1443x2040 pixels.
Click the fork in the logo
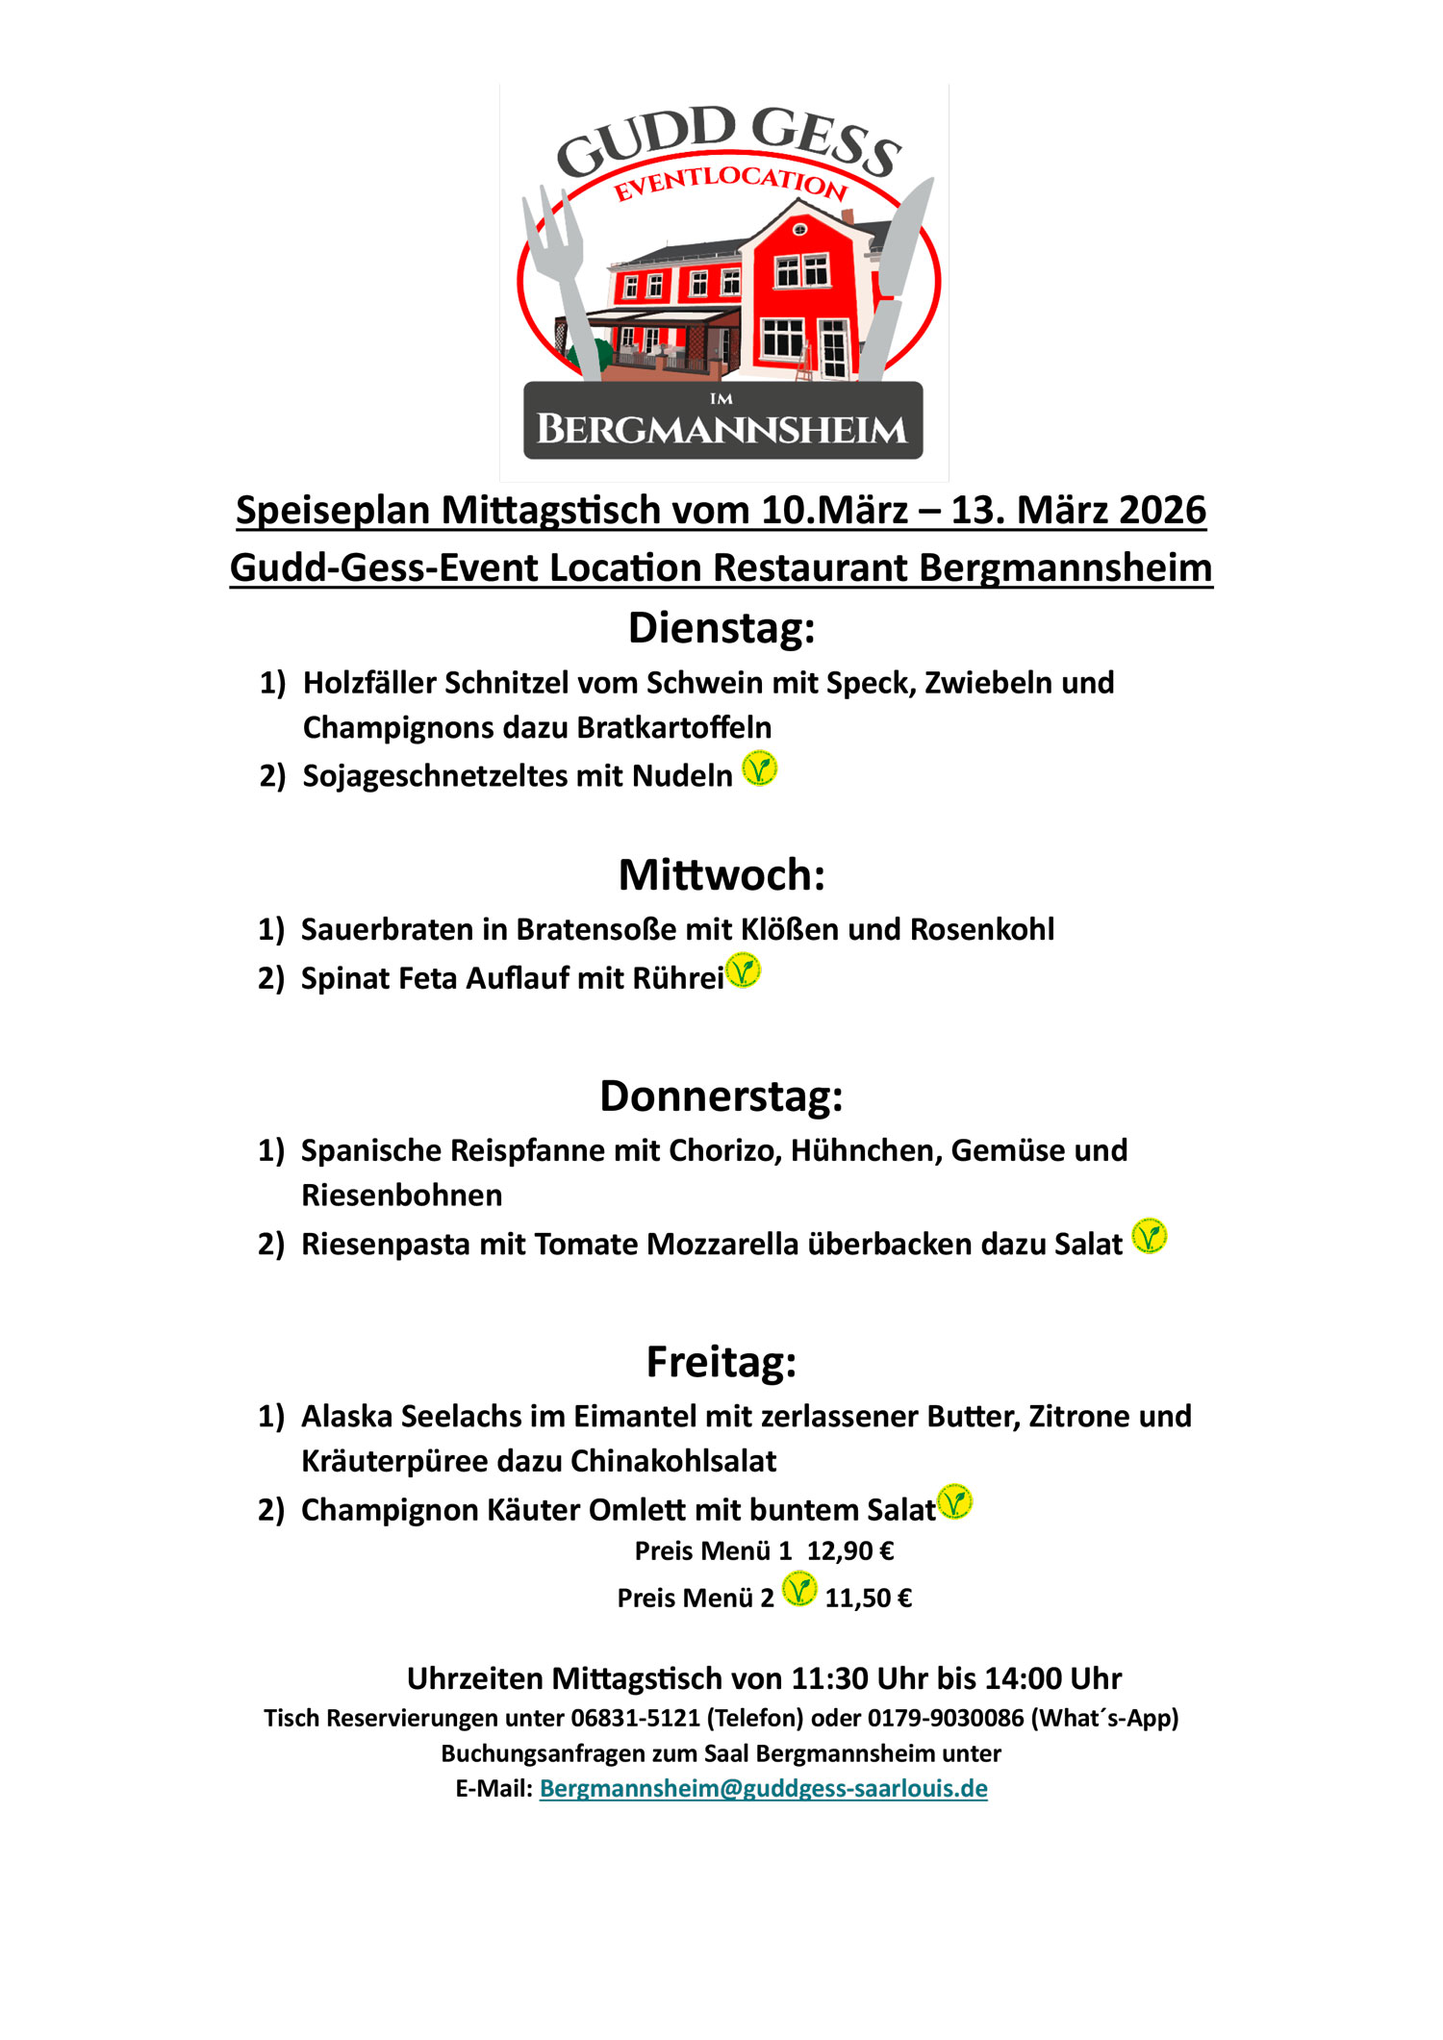pos(563,269)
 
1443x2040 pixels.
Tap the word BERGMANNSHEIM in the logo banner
pos(721,429)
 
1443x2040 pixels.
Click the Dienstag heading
pos(721,628)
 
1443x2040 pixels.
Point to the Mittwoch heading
pos(721,875)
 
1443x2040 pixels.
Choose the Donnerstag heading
pos(721,1096)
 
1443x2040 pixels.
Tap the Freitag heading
pos(721,1362)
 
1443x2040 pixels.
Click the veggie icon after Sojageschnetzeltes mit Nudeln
pos(759,768)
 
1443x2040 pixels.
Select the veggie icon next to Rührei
pos(743,970)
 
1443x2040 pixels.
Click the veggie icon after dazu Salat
pos(1149,1236)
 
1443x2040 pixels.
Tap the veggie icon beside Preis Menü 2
pos(798,1589)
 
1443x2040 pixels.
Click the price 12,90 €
pos(850,1550)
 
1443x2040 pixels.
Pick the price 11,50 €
pos(868,1598)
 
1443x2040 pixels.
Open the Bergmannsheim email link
pos(763,1788)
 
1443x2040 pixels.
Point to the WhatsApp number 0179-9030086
pos(946,1718)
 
